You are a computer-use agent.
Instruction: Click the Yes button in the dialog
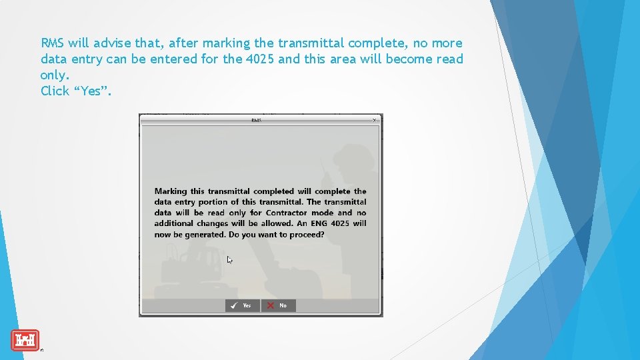(242, 305)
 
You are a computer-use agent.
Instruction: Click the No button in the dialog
(278, 305)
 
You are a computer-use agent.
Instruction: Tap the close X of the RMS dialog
(374, 120)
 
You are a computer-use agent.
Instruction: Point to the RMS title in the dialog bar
(257, 120)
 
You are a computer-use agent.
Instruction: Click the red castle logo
(25, 341)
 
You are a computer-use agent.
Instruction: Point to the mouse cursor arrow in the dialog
(229, 260)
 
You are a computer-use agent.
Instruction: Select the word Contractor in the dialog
(286, 213)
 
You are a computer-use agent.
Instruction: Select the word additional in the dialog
(173, 223)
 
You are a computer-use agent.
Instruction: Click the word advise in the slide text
(114, 43)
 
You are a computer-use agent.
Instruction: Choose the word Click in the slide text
(55, 91)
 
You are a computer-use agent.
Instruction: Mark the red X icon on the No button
(271, 305)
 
